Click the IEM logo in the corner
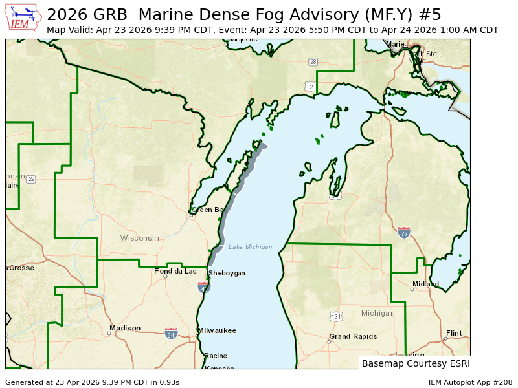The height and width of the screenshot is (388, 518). [x=23, y=17]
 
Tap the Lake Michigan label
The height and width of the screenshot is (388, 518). [x=250, y=247]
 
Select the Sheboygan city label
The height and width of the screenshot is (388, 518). [x=227, y=273]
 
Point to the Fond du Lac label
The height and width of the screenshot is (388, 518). [x=175, y=271]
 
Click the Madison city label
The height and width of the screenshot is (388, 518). [x=125, y=328]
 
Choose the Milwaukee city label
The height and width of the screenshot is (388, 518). [x=217, y=330]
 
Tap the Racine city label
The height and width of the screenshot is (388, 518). [x=216, y=356]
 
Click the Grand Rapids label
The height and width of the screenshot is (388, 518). [x=353, y=336]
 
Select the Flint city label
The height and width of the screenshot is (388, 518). [x=454, y=333]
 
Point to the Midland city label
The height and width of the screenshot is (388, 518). [x=425, y=284]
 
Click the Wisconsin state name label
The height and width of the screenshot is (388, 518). [x=139, y=238]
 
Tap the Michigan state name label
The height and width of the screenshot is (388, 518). [x=377, y=313]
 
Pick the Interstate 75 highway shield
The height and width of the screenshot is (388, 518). [x=404, y=232]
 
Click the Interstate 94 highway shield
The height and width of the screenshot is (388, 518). [x=171, y=333]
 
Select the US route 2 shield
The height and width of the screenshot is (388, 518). [x=311, y=86]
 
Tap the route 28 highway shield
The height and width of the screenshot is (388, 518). [x=313, y=62]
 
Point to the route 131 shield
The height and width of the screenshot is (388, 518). [x=335, y=316]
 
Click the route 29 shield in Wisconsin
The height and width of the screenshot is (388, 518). [x=30, y=178]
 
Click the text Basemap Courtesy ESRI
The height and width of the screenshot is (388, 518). [x=416, y=363]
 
